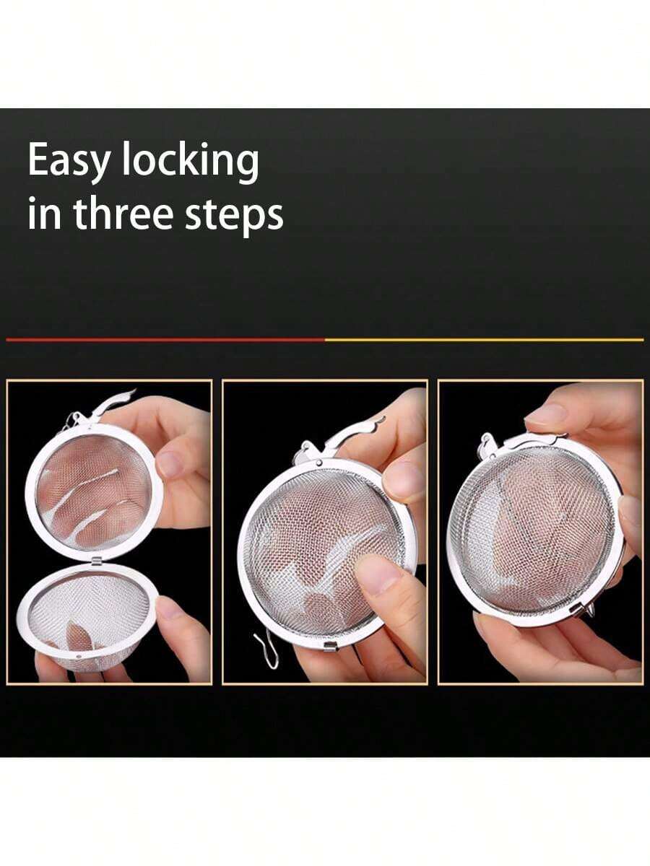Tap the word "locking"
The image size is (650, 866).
click(190, 162)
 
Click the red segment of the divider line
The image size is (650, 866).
click(165, 339)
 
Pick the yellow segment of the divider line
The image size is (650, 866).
click(484, 339)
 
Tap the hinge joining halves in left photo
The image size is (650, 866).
click(96, 561)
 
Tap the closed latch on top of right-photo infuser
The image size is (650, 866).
click(525, 444)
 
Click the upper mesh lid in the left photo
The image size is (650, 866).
click(94, 493)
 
